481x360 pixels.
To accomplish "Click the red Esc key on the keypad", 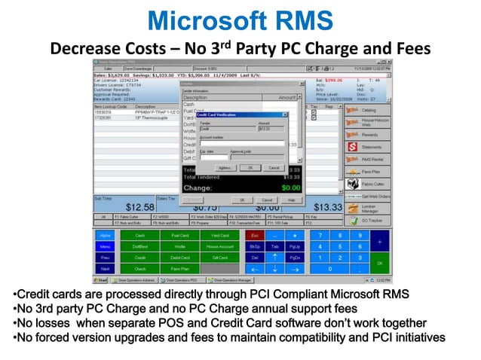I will tap(255, 236).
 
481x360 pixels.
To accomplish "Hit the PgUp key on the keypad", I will tap(295, 246).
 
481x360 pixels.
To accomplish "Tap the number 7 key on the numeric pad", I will tap(322, 236).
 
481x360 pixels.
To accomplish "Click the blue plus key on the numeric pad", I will tap(380, 241).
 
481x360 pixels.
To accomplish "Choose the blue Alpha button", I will tap(105, 236).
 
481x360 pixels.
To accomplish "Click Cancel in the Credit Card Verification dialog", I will tap(273, 168).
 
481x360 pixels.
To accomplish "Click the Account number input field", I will tap(231, 143).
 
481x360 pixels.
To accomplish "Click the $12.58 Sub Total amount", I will tap(140, 206).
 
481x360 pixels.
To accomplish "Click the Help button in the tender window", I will tap(290, 200).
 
